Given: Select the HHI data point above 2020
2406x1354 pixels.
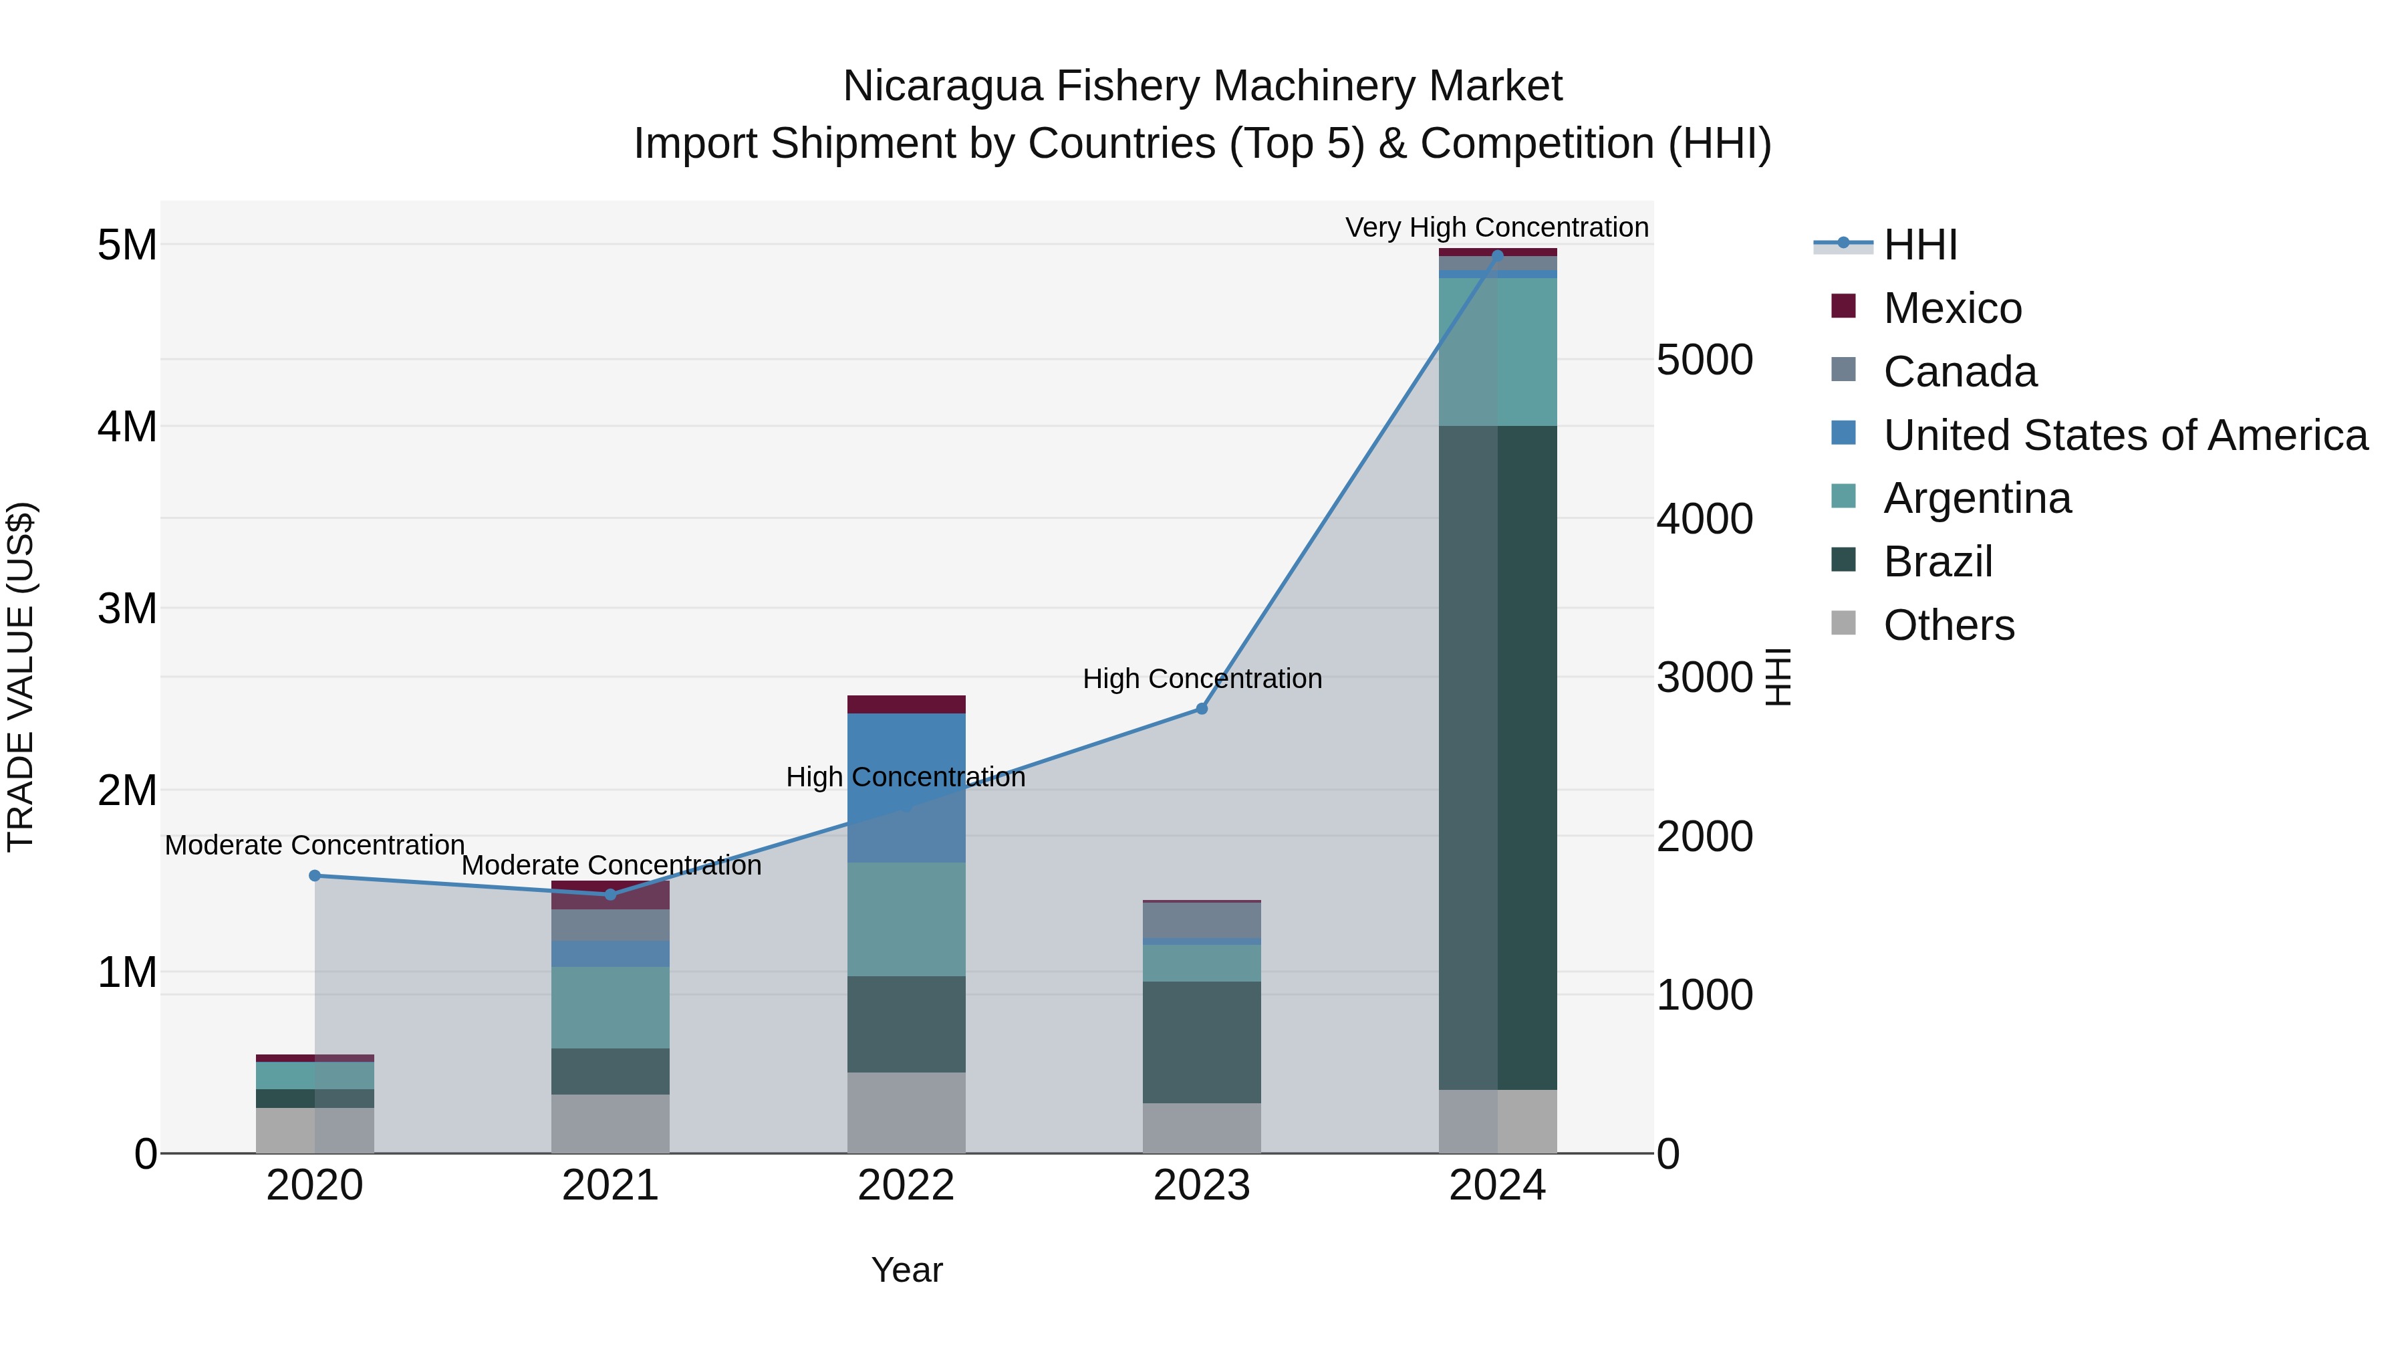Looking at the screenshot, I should pyautogui.click(x=315, y=875).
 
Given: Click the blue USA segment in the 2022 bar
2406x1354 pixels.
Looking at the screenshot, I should pyautogui.click(x=906, y=787).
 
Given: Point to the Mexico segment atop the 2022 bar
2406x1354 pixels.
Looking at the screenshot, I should pyautogui.click(x=906, y=703).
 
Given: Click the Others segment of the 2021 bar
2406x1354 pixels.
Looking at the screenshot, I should pyautogui.click(x=610, y=1123).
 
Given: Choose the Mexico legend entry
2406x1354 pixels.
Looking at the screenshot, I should pyautogui.click(x=1952, y=308).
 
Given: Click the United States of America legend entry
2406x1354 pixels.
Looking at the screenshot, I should pyautogui.click(x=2125, y=435).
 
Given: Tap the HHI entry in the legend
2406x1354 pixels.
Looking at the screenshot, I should pyautogui.click(x=1919, y=245).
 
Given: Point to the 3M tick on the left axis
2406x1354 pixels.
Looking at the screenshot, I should pyautogui.click(x=127, y=608).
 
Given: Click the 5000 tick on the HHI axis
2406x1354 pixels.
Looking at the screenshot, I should pyautogui.click(x=1704, y=360).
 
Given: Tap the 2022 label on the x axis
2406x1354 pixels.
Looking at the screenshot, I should pyautogui.click(x=906, y=1186).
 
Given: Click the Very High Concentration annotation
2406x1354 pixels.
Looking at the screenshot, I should pyautogui.click(x=1496, y=227).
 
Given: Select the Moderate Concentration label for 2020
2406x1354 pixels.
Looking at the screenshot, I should pyautogui.click(x=315, y=844).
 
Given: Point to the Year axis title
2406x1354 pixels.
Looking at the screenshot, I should pyautogui.click(x=906, y=1270).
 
